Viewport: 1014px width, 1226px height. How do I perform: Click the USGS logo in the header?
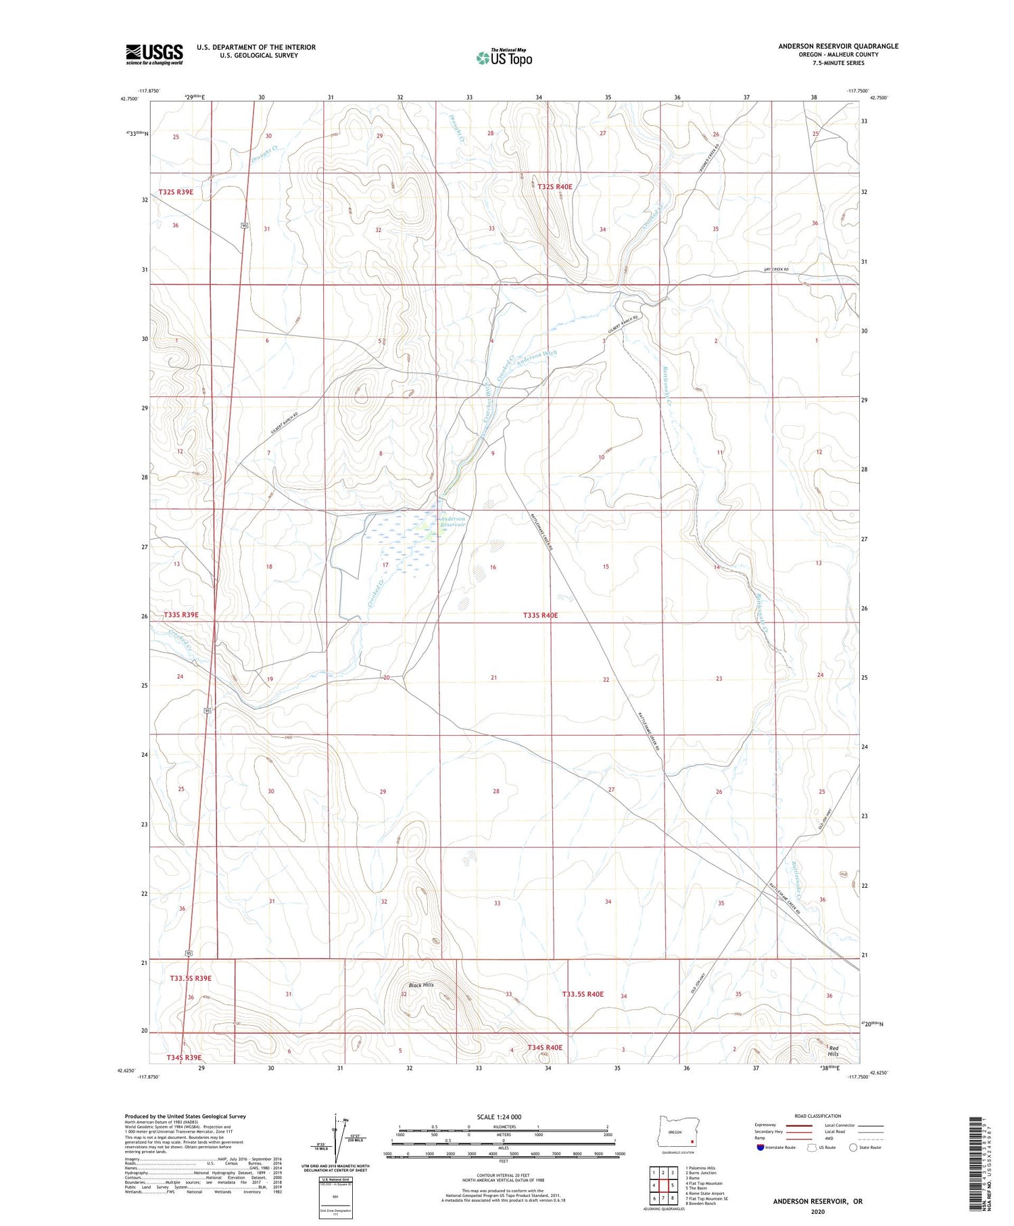154,54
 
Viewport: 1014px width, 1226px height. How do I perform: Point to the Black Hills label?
420,985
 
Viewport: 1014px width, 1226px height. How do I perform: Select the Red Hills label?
833,1051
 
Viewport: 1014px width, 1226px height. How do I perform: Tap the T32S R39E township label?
176,192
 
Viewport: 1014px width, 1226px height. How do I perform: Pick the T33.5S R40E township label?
583,994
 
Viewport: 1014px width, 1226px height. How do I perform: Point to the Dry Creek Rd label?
776,270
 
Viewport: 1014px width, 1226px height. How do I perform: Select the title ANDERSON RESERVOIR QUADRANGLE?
838,46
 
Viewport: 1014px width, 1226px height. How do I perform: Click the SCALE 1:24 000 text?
499,1116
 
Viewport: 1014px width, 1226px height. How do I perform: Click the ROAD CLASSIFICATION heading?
818,1116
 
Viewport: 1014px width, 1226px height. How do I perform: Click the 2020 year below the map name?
818,1211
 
